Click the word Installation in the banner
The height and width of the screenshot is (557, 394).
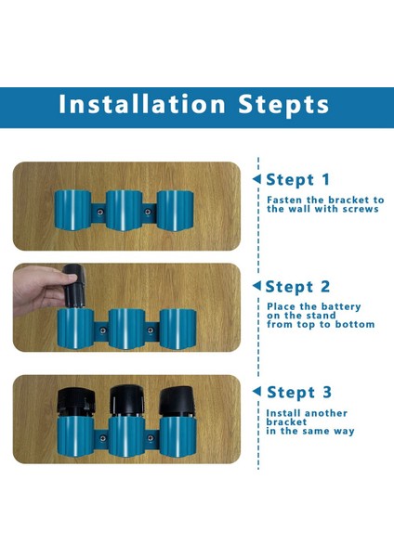tap(142, 104)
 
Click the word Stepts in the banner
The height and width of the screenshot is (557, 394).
tap(283, 105)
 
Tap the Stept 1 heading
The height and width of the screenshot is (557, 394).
tap(298, 180)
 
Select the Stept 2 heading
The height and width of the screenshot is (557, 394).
tap(297, 287)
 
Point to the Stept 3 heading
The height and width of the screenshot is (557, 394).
tap(299, 393)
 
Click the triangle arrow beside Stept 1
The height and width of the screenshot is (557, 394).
tap(256, 179)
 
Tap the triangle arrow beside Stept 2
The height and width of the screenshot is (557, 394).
tap(256, 286)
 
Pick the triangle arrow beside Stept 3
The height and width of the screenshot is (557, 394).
tap(256, 392)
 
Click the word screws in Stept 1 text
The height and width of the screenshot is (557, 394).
tap(361, 209)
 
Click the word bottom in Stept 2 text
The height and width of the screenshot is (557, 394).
tap(355, 324)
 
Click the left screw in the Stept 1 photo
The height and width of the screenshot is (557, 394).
tap(100, 212)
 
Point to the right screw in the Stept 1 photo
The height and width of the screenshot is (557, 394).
tap(148, 212)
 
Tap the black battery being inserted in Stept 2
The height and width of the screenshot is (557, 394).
tap(74, 286)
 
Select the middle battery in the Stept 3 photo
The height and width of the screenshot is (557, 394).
tap(126, 401)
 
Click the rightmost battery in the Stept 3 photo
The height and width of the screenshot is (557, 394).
tap(177, 402)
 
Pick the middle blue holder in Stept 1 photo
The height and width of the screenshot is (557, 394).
tap(125, 211)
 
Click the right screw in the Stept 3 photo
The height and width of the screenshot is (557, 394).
tap(151, 438)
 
